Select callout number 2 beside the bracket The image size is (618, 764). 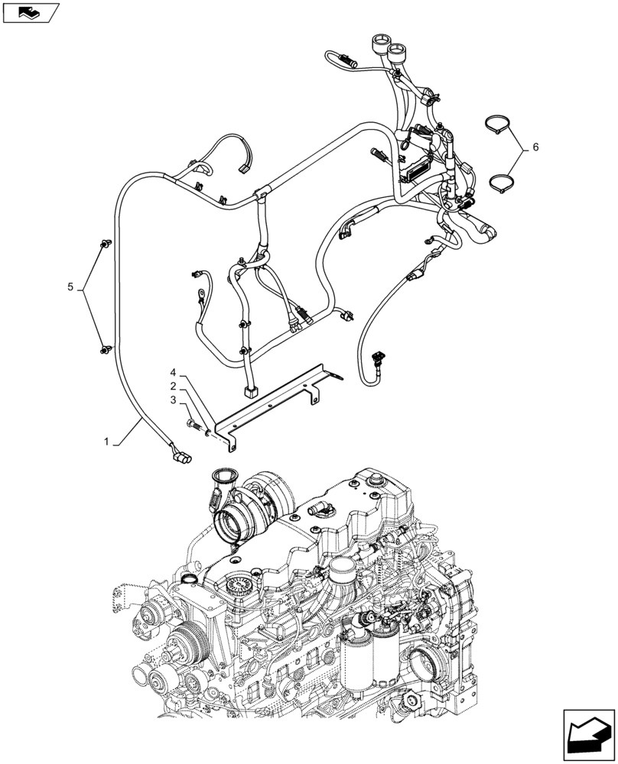point(174,386)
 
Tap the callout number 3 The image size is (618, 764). point(174,400)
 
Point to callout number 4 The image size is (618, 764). point(174,372)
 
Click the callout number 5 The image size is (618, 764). point(70,287)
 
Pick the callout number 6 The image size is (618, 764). point(535,147)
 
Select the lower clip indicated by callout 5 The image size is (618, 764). point(102,350)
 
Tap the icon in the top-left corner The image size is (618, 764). point(30,12)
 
